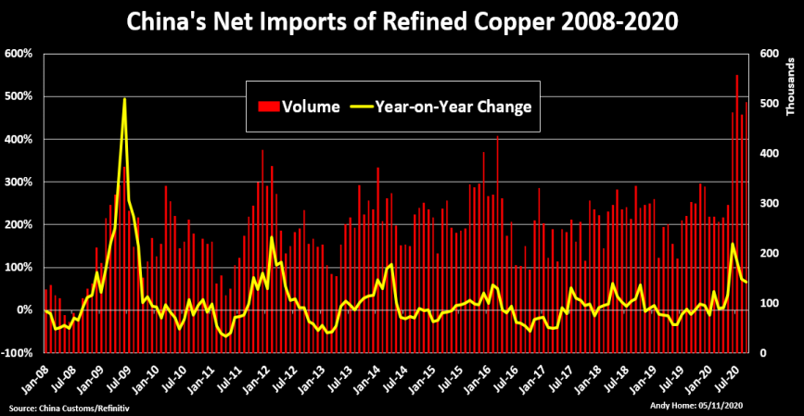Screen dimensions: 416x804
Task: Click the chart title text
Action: (x=402, y=20)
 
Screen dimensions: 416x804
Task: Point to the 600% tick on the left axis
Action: (x=19, y=54)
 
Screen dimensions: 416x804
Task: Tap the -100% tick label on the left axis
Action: (x=18, y=353)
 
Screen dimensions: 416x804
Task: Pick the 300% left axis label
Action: (x=19, y=182)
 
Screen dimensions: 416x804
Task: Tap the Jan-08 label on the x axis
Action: (x=36, y=375)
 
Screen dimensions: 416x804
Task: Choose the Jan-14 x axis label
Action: (x=368, y=375)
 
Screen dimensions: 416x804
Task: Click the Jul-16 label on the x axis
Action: (x=506, y=375)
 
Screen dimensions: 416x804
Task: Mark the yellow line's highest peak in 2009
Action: (x=124, y=99)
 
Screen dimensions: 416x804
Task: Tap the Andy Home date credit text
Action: (x=690, y=406)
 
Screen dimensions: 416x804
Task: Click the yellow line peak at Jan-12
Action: (x=272, y=238)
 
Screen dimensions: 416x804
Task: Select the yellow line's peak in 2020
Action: (x=733, y=244)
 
